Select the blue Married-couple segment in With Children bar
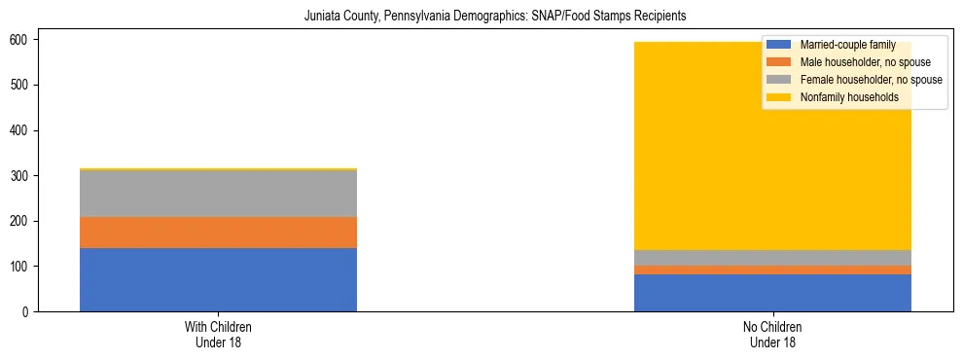[x=218, y=279]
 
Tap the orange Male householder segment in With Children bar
[x=218, y=233]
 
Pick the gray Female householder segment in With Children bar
[x=218, y=193]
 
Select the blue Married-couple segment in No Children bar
[x=772, y=293]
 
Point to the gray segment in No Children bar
[x=772, y=258]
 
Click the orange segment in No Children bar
[x=772, y=270]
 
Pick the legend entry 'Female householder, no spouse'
[x=855, y=80]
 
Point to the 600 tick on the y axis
[x=19, y=40]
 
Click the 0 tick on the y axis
[x=25, y=311]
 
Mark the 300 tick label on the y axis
[x=19, y=176]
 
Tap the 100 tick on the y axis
[x=19, y=267]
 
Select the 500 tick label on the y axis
[x=19, y=86]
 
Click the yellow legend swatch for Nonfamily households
[x=779, y=97]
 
